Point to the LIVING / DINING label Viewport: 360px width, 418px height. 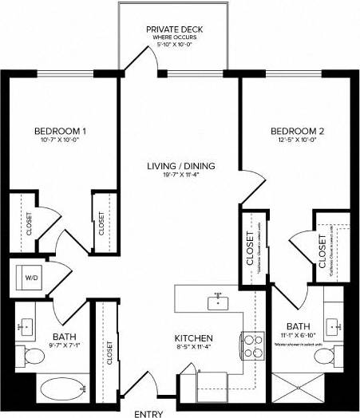click(x=181, y=166)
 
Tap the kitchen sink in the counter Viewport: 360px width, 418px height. click(x=216, y=302)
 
